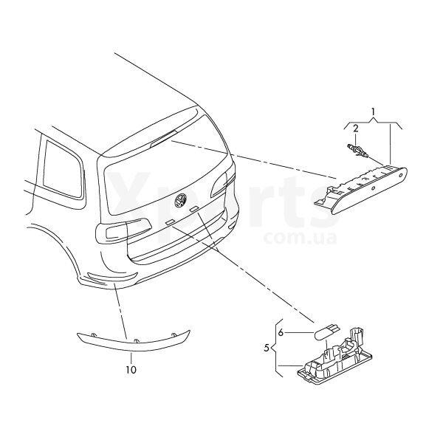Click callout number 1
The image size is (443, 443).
373,112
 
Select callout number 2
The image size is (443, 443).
356,128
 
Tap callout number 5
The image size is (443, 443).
267,348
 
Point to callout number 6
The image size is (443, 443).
281,332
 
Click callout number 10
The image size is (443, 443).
131,370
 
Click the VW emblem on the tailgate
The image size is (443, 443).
180,200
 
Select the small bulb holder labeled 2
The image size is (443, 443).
357,151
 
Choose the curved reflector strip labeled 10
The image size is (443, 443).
133,342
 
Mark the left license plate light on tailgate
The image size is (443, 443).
170,222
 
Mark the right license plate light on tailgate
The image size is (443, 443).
193,209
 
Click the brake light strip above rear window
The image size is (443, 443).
163,138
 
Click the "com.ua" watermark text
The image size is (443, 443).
301,238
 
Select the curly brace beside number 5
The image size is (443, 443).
278,348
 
